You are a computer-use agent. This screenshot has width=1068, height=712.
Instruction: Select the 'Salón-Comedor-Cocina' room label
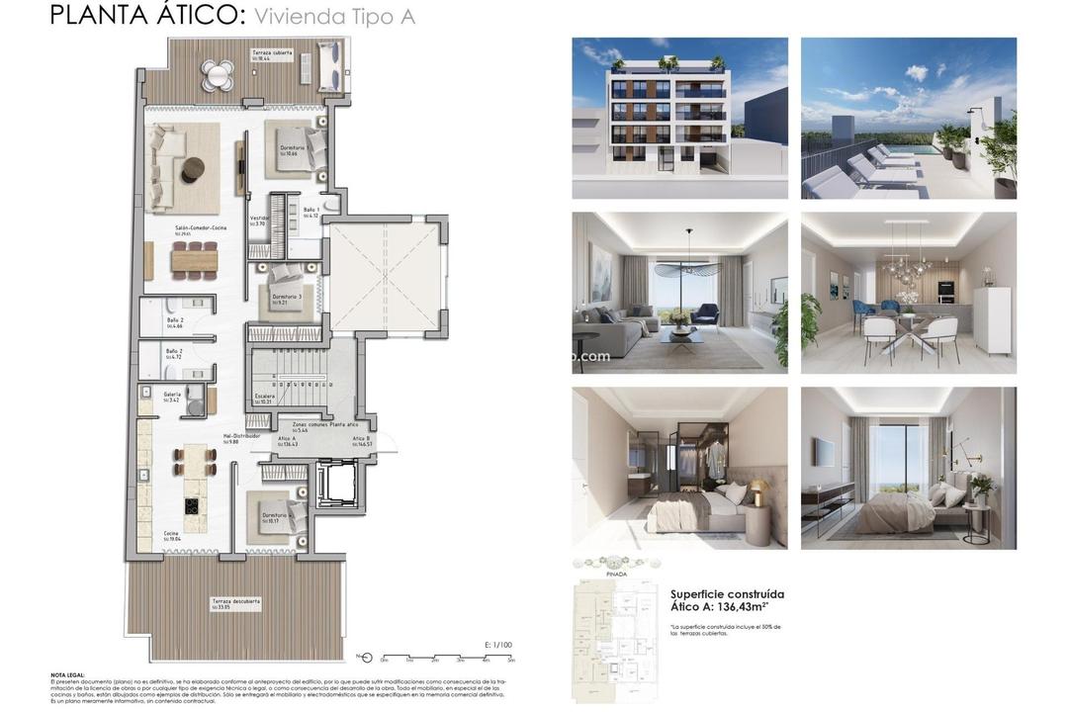(x=201, y=228)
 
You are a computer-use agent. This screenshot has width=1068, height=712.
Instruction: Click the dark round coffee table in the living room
(x=193, y=169)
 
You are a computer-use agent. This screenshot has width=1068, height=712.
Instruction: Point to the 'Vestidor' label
(x=259, y=219)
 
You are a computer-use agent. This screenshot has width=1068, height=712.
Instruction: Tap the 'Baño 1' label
(x=311, y=211)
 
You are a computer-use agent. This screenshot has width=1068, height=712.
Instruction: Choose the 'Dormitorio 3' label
(x=288, y=297)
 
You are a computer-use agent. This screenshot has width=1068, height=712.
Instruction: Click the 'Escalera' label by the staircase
(x=265, y=397)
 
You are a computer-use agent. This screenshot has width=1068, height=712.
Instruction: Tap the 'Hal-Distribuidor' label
(x=241, y=436)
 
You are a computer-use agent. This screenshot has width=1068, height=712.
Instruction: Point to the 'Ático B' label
(x=361, y=438)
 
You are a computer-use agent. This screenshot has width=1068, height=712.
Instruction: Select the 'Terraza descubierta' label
(x=235, y=601)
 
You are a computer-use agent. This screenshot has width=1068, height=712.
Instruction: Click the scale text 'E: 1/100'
(x=498, y=645)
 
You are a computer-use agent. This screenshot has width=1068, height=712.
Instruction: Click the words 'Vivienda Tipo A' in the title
(x=334, y=17)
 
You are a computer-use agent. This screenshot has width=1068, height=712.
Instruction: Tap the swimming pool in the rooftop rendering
(x=910, y=148)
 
